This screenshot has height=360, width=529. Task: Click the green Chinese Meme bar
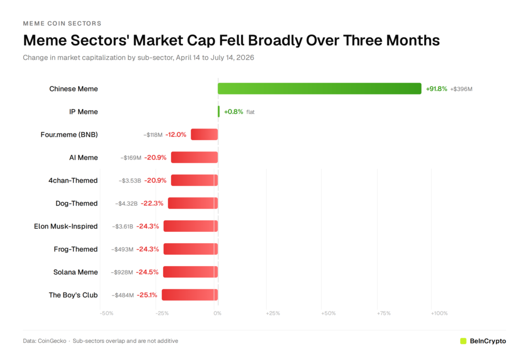[x=319, y=88]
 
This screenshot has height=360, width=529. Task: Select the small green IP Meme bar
[x=219, y=112]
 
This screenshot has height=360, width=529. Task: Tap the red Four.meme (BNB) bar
[x=205, y=134]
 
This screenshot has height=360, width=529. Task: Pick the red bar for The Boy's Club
[x=190, y=295]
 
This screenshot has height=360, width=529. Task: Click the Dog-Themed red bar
[x=193, y=203]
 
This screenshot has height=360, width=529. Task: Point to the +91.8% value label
[x=436, y=89]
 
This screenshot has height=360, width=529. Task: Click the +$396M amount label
[x=461, y=89]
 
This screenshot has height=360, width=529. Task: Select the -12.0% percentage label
[x=176, y=135]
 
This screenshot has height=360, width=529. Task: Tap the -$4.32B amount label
[x=126, y=204]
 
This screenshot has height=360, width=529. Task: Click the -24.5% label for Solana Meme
[x=147, y=272]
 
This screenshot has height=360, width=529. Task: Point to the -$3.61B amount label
[x=123, y=226]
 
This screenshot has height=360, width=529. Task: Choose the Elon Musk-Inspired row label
[x=66, y=226]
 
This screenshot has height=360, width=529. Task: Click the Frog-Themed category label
[x=75, y=249]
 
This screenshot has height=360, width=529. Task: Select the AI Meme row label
[x=83, y=158]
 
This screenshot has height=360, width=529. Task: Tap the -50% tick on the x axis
[x=106, y=314]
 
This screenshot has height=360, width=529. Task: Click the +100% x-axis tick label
[x=439, y=314]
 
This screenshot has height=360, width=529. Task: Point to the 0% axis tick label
[x=217, y=314]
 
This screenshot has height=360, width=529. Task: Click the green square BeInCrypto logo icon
[x=463, y=341]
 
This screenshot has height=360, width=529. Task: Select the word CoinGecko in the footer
[x=52, y=341]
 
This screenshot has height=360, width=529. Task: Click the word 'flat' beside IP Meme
[x=251, y=112]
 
